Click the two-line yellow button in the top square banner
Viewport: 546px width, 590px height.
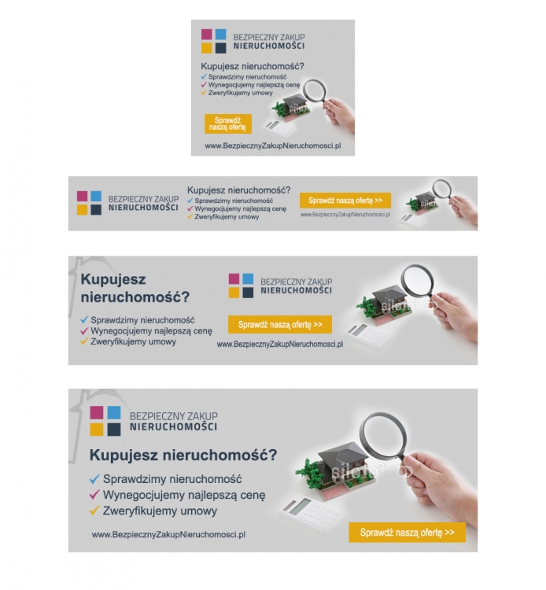(228, 124)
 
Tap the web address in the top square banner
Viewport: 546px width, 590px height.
(273, 146)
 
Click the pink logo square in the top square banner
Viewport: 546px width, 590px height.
(207, 35)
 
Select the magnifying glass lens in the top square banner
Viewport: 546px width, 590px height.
(315, 90)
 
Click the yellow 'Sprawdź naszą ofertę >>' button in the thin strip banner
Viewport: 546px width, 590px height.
(345, 201)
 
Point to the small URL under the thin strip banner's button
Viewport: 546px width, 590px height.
(345, 215)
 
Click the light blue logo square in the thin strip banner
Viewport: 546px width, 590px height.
(96, 196)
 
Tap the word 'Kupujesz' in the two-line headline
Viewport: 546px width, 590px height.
(113, 279)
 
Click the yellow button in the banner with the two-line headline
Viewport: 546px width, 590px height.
(280, 324)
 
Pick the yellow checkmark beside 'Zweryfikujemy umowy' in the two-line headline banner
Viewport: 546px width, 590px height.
(84, 341)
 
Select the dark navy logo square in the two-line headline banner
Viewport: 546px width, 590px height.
(248, 293)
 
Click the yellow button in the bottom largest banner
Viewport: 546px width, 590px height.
(408, 533)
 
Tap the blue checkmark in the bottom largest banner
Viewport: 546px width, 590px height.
(94, 478)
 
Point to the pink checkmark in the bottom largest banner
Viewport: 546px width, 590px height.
(94, 495)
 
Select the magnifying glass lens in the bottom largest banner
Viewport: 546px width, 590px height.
(383, 436)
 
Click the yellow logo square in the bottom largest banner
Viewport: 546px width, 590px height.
(96, 430)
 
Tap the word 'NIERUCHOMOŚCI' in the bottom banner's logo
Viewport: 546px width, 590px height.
(173, 426)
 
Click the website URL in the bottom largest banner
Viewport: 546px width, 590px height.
(168, 534)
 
